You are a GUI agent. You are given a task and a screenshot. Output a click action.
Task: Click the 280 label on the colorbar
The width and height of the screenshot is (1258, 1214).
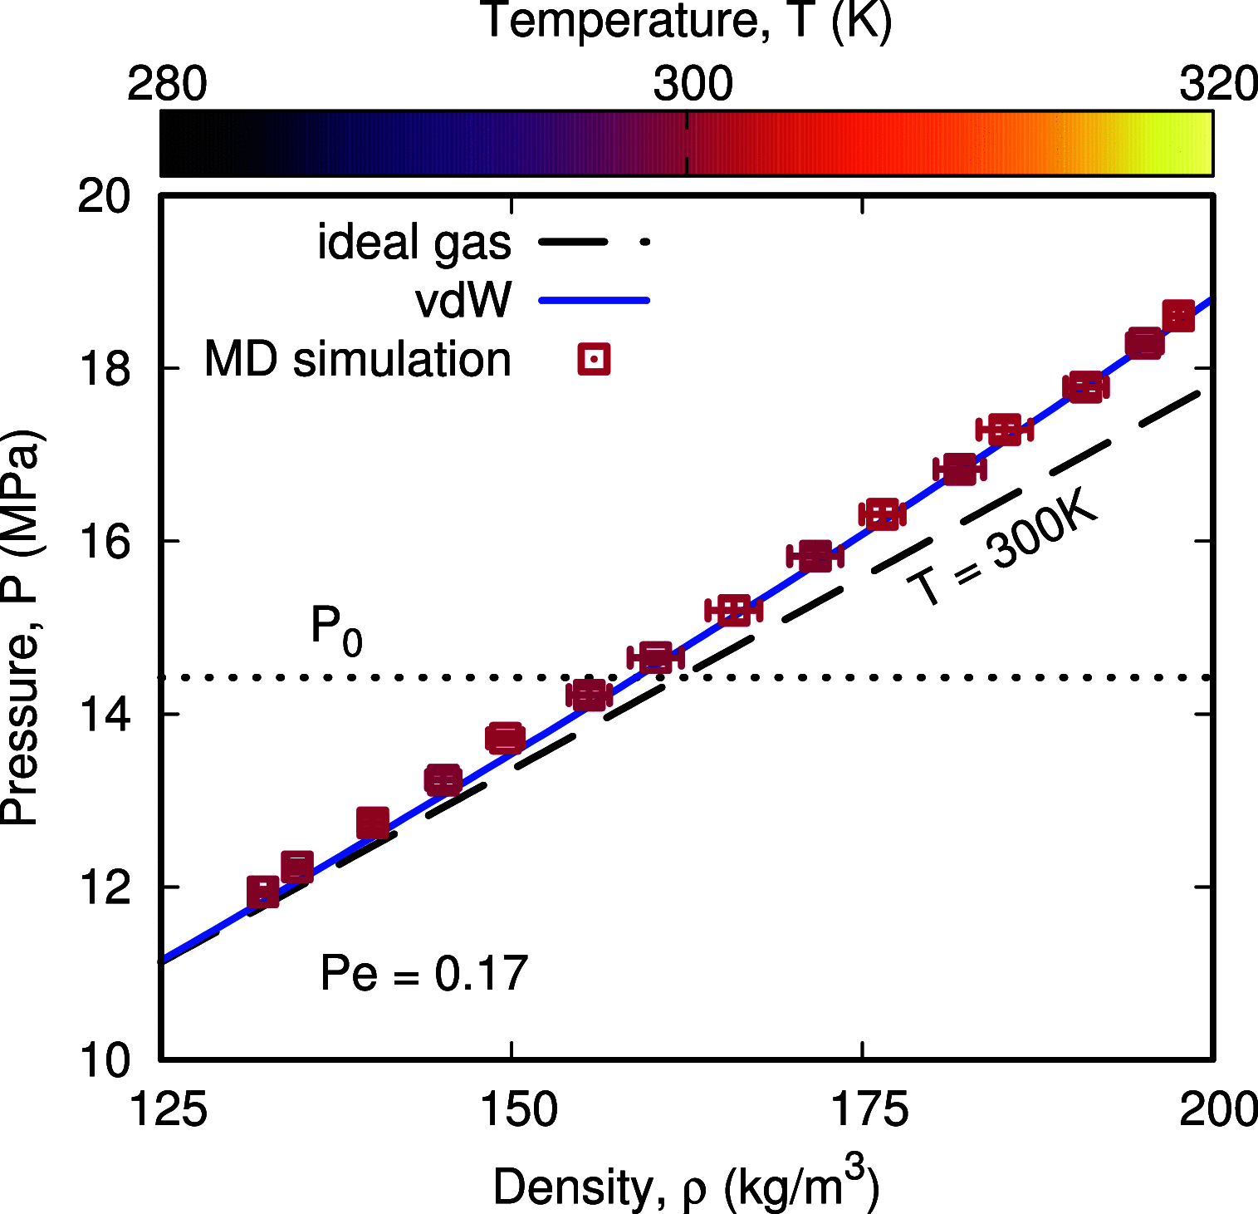click(x=167, y=85)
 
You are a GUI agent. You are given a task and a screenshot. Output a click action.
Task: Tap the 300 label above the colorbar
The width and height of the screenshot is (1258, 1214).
click(x=693, y=85)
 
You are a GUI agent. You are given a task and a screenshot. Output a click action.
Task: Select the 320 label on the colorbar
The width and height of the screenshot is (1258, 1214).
click(x=1217, y=85)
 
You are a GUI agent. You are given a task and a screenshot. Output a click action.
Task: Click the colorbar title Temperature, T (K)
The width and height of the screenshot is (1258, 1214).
click(x=686, y=21)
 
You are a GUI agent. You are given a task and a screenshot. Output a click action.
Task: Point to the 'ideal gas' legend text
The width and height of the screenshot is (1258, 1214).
click(x=414, y=243)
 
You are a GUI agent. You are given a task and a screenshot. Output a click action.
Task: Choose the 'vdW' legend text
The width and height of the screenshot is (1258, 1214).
click(x=463, y=300)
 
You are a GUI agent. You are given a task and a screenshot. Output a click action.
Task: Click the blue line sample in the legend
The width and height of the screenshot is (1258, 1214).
click(x=594, y=300)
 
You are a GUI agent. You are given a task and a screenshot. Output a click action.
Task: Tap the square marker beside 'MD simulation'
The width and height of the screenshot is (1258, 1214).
click(x=594, y=360)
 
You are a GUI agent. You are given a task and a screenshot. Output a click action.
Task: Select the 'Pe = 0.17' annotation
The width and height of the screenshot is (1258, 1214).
click(x=424, y=973)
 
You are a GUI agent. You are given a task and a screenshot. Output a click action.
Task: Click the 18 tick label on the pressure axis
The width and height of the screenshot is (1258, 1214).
click(x=105, y=369)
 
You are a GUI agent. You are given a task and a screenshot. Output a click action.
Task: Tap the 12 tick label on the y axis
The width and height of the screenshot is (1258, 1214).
click(x=105, y=887)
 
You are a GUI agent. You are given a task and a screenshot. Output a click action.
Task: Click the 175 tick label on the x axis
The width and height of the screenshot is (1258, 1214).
click(x=869, y=1110)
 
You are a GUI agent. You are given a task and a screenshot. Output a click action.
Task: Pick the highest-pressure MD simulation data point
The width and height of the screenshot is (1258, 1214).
click(x=1178, y=316)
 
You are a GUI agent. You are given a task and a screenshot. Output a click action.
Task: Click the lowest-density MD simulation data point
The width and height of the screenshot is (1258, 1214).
click(x=263, y=892)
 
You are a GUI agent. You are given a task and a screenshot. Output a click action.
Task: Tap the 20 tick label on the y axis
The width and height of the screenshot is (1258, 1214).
click(x=105, y=198)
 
